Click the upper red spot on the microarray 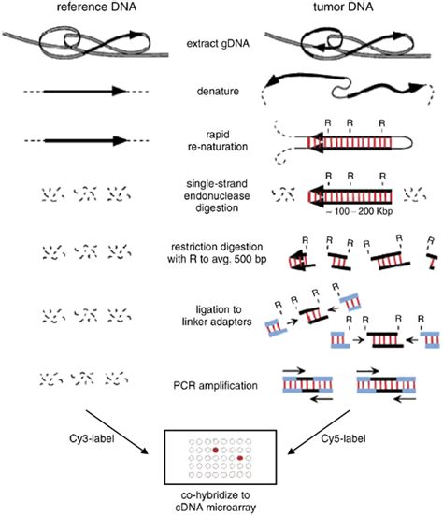click(x=215, y=450)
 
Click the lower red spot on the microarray click(x=240, y=460)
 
